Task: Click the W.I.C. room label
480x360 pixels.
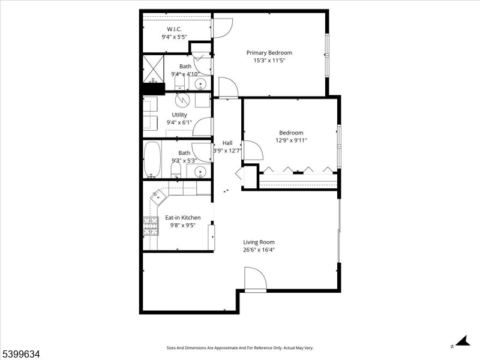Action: [x=173, y=29]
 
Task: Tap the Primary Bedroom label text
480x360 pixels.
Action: [x=269, y=53]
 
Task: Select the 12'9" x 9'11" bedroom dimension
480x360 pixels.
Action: [x=291, y=140]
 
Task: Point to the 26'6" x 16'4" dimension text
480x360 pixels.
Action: [x=259, y=250]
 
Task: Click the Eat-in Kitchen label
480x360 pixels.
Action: [x=183, y=218]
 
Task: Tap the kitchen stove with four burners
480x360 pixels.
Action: [x=149, y=226]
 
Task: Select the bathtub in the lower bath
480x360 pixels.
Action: [x=152, y=160]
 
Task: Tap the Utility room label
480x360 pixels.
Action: [x=179, y=115]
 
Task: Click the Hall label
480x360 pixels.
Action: [x=227, y=143]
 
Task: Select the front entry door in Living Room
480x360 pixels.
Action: [x=255, y=281]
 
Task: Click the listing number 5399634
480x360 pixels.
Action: [x=21, y=354]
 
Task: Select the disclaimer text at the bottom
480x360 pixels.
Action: [x=239, y=348]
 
